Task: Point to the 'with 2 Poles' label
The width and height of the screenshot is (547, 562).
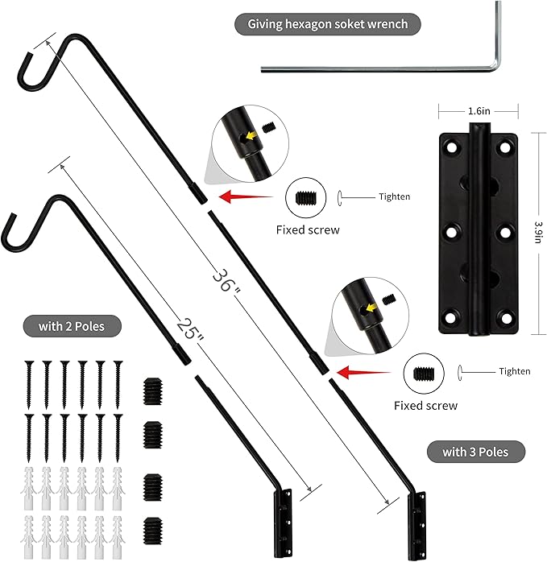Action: click(x=74, y=326)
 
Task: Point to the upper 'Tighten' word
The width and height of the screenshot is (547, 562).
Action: click(x=394, y=196)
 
